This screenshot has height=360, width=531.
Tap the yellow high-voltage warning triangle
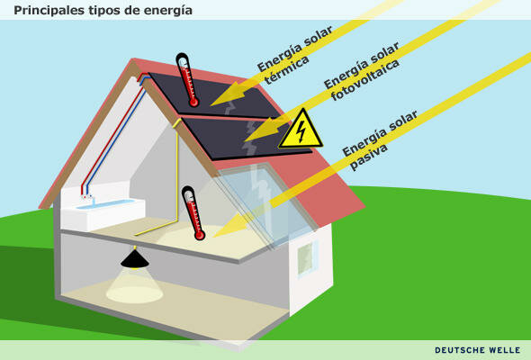(x=300, y=131)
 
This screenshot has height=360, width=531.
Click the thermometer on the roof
(x=188, y=80)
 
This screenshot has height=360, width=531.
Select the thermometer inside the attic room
(x=193, y=212)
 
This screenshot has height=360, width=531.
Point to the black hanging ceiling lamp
(x=135, y=258)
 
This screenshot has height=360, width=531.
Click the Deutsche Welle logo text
(x=478, y=350)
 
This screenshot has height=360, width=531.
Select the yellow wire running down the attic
(x=177, y=180)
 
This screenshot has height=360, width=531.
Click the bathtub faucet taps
(x=86, y=195)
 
